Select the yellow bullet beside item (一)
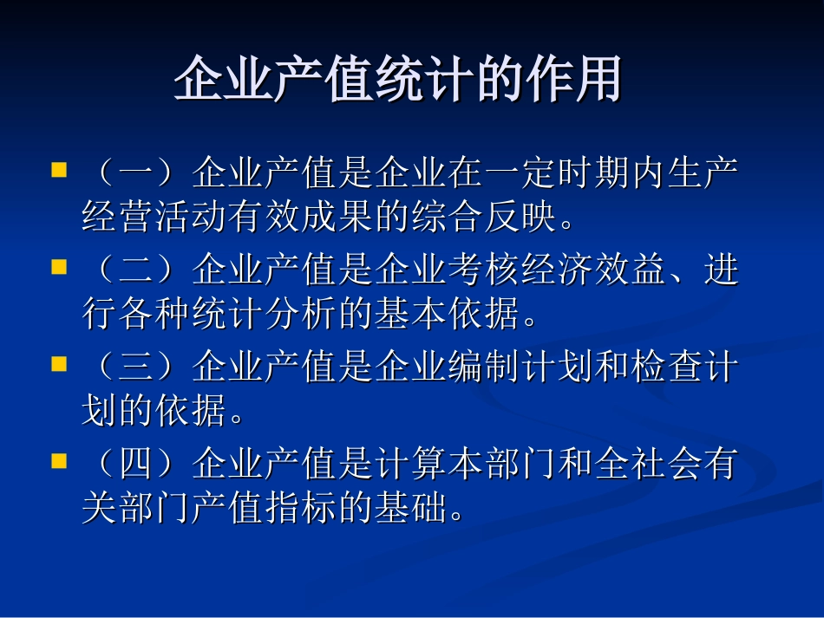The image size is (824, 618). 59,168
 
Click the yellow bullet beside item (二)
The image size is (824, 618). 59,266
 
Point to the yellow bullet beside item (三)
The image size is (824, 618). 59,364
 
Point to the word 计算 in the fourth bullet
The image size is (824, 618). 411,465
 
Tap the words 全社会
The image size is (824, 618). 647,465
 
